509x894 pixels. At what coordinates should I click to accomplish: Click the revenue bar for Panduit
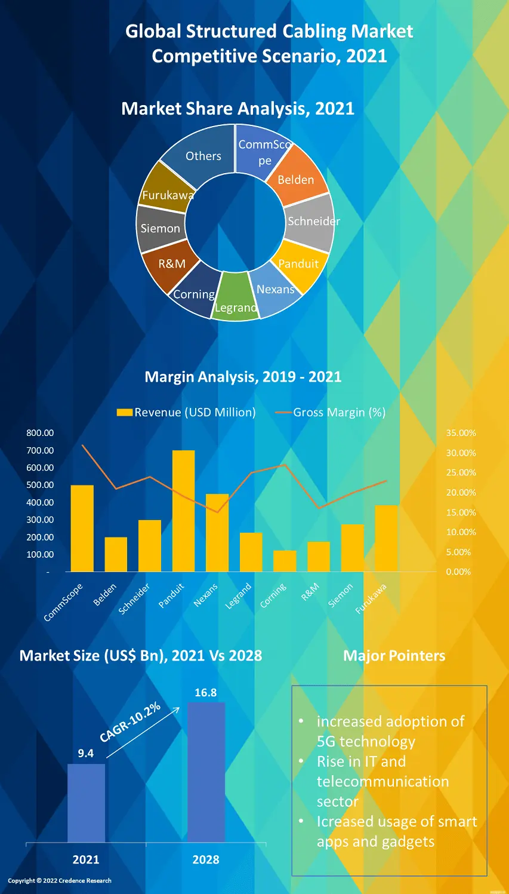[x=183, y=511]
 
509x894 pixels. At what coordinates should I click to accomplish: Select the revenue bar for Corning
[x=285, y=561]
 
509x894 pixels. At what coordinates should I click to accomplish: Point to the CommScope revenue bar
[x=82, y=528]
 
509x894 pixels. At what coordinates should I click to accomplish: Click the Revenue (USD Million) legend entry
[x=186, y=412]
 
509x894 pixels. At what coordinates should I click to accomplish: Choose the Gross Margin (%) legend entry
[x=331, y=412]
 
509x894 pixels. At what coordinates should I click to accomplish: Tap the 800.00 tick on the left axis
[x=40, y=433]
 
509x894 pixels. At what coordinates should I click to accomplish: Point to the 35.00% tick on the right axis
[x=461, y=433]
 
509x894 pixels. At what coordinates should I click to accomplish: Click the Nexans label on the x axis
[x=206, y=595]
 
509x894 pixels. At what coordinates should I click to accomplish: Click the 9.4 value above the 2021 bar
[x=86, y=754]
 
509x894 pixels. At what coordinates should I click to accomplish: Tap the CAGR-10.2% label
[x=130, y=722]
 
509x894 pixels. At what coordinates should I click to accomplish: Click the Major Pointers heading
[x=394, y=656]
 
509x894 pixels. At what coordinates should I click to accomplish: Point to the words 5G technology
[x=366, y=742]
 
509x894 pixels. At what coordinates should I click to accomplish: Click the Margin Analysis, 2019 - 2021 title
[x=243, y=377]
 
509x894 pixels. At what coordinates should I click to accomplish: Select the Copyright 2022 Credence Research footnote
[x=60, y=880]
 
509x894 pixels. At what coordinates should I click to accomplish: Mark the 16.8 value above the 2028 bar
[x=206, y=693]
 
